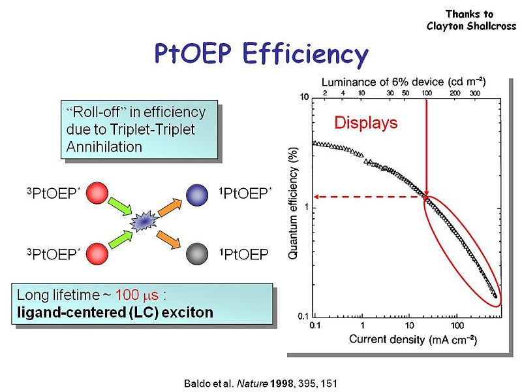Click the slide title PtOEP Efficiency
pyautogui.click(x=261, y=53)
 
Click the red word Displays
pyautogui.click(x=365, y=122)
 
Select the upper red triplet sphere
pyautogui.click(x=96, y=195)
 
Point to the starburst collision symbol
pyautogui.click(x=144, y=223)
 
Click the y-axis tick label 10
pyautogui.click(x=304, y=98)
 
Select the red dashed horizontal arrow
pyautogui.click(x=369, y=196)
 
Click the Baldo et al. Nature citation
pyautogui.click(x=260, y=380)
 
